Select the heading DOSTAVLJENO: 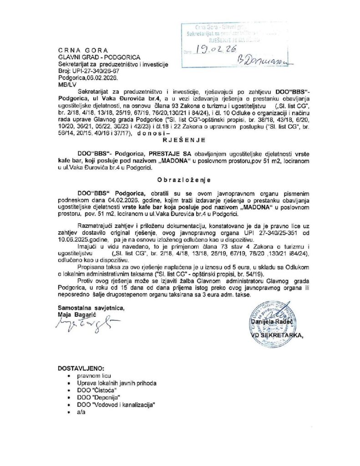[80, 367]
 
